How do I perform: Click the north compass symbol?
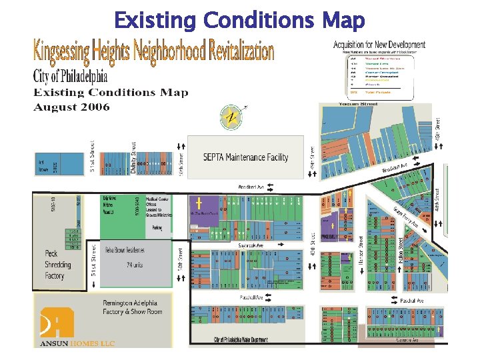[x=231, y=117]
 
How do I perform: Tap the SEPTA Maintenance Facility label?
[x=245, y=157]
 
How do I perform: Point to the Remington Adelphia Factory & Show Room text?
[x=130, y=307]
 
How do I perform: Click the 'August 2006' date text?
[x=72, y=107]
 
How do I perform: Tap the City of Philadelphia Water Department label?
[x=241, y=340]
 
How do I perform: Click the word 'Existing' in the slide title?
[x=155, y=21]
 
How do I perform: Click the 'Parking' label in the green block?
[x=157, y=227]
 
